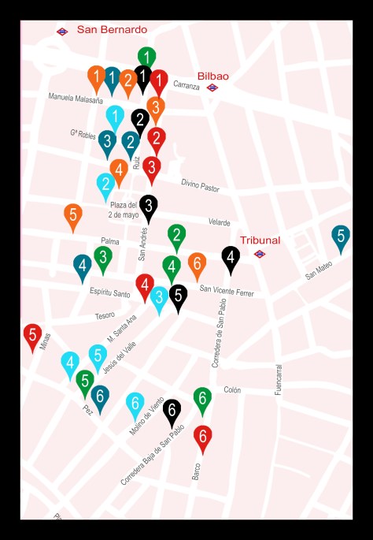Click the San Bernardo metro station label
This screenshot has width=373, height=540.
click(112, 29)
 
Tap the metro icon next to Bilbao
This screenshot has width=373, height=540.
click(212, 88)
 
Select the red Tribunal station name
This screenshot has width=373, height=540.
click(260, 240)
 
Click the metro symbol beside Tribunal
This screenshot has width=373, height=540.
click(259, 254)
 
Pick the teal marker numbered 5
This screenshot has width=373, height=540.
click(340, 236)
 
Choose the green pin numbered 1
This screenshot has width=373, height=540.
click(146, 56)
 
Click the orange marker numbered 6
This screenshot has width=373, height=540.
click(197, 263)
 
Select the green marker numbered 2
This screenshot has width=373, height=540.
click(176, 235)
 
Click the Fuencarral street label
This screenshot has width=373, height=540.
click(278, 379)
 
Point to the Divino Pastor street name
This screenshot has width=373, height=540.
click(200, 186)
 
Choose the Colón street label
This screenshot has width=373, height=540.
click(232, 389)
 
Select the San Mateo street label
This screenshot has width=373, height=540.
click(319, 270)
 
